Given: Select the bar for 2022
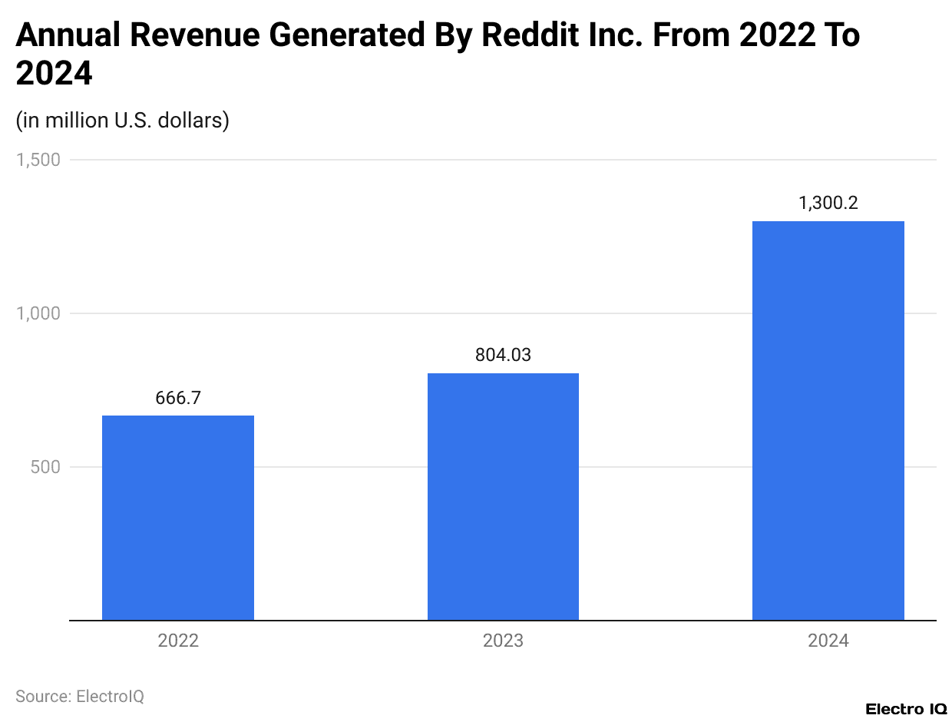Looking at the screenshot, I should coord(178,518).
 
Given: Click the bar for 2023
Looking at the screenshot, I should coord(503,496).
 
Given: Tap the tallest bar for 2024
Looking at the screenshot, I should coord(828,420).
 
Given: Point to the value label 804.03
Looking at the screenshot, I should coord(503,355).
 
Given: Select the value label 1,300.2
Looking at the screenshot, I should coord(828,204).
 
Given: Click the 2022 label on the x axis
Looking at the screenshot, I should coord(178,641).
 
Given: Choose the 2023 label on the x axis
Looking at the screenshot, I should coord(503,641).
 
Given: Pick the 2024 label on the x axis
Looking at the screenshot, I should coord(828,641).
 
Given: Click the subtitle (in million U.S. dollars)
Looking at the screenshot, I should coord(123,121).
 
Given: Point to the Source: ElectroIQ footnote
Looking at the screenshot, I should coord(80,696).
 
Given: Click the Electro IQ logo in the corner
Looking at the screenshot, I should coord(905,708).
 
